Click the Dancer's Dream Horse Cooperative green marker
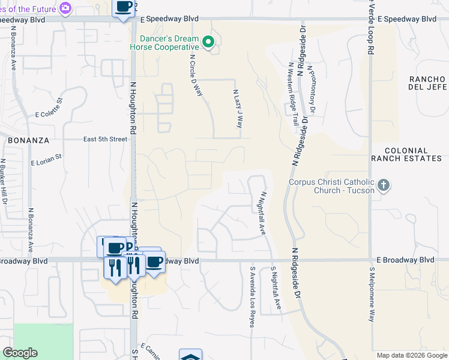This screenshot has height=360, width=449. tap(208, 42)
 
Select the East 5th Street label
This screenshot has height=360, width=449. tap(106, 139)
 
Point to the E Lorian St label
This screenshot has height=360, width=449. tap(46, 159)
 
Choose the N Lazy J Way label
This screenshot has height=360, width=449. tap(238, 109)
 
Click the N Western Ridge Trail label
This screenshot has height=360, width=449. tap(293, 94)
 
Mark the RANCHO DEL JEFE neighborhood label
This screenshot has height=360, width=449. tap(427, 83)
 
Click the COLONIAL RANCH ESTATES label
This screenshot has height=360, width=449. tap(406, 155)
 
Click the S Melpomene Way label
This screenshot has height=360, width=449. tap(372, 294)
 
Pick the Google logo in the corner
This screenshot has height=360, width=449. tap(20, 353)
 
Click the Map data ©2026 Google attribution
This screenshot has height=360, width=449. tap(412, 355)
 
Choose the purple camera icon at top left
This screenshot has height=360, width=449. tap(65, 8)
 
